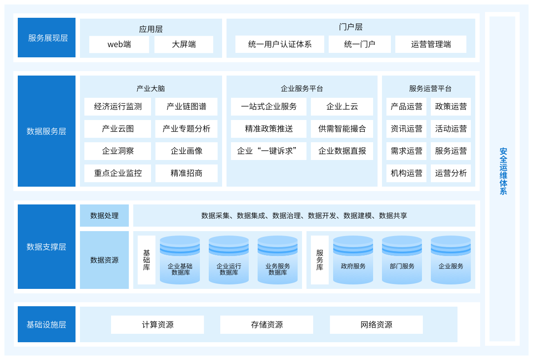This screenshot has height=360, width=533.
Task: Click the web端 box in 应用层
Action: (119, 44)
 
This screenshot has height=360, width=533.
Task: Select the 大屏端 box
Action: (184, 44)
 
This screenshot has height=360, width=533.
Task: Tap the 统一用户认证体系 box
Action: (280, 44)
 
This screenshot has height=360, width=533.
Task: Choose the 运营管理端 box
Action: (431, 44)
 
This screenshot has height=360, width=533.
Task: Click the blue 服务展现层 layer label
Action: (47, 38)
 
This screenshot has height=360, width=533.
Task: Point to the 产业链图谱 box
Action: (187, 107)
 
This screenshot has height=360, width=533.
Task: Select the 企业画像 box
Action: (187, 151)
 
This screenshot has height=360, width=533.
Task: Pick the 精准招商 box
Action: (187, 173)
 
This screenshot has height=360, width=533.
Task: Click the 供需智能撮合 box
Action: (342, 129)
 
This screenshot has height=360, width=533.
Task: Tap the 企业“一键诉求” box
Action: (269, 151)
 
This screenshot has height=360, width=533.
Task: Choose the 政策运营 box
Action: (451, 107)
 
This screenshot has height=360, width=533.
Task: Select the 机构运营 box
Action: (406, 173)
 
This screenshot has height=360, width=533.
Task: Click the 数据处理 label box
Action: (104, 216)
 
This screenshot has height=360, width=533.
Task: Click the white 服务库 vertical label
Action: (320, 260)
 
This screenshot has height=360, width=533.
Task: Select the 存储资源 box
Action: (266, 325)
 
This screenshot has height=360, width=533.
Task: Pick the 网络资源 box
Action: (376, 325)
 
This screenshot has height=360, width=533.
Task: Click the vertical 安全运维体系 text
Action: (503, 171)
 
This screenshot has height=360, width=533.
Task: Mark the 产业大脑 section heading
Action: (151, 88)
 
